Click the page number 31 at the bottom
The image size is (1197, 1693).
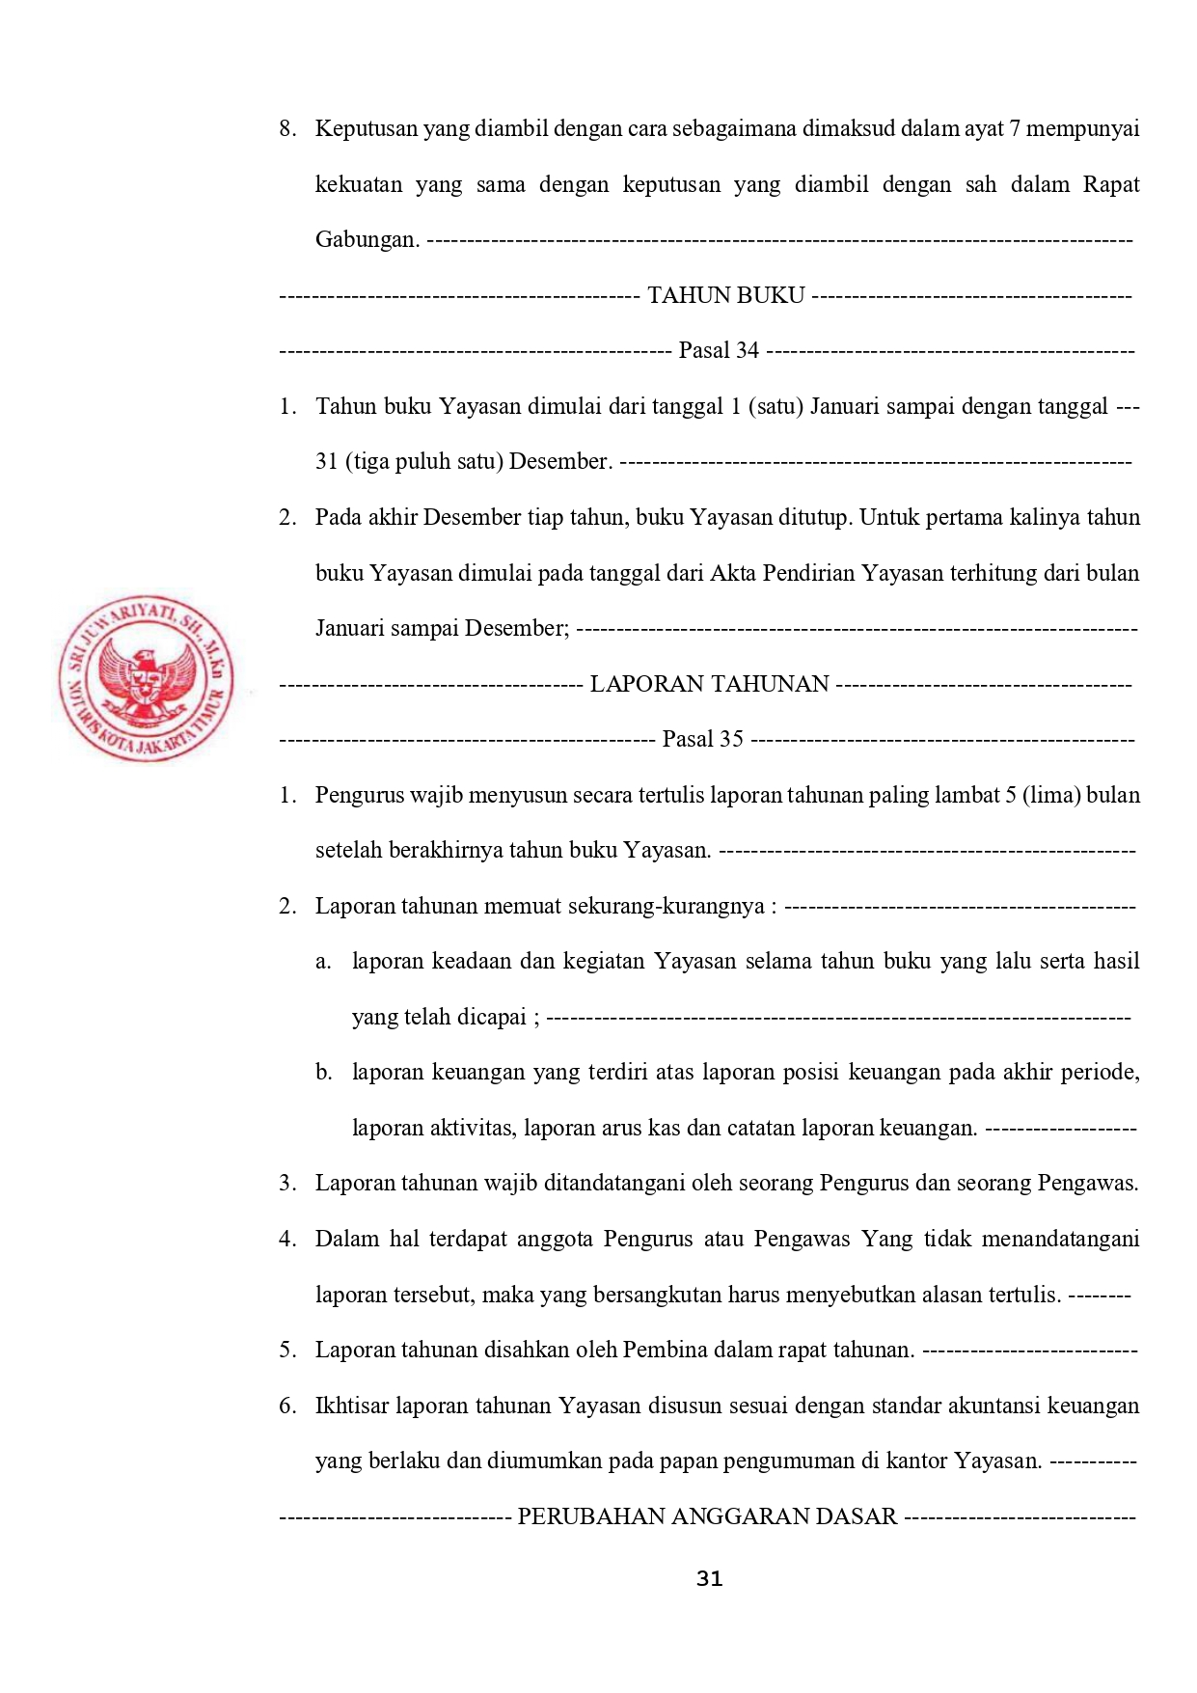pos(709,1579)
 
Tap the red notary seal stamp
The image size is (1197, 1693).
pos(146,678)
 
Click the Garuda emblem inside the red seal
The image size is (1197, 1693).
pos(146,682)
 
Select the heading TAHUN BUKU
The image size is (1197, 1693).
pos(725,295)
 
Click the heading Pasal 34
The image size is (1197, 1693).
pos(719,350)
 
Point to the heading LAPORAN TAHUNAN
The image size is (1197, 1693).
pos(709,684)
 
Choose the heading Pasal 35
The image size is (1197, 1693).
pos(702,739)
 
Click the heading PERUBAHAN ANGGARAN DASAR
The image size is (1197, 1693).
pos(707,1516)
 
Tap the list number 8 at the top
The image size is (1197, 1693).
pos(286,129)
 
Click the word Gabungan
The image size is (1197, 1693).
pos(367,239)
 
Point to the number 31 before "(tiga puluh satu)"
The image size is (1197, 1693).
pos(326,461)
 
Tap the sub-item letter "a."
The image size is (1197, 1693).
pos(323,962)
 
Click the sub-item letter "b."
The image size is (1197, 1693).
pos(323,1073)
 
